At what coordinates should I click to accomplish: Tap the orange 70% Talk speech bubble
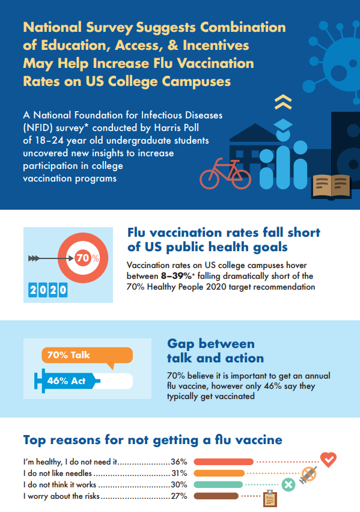click(77, 356)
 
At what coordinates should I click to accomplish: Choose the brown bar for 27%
click(216, 496)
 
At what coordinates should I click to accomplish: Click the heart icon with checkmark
click(328, 460)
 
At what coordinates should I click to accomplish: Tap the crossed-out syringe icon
click(308, 474)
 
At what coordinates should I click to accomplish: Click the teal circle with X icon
click(288, 484)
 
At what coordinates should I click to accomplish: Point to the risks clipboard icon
click(270, 498)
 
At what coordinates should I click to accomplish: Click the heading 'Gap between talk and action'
click(215, 351)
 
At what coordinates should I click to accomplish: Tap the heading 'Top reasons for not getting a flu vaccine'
click(153, 440)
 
